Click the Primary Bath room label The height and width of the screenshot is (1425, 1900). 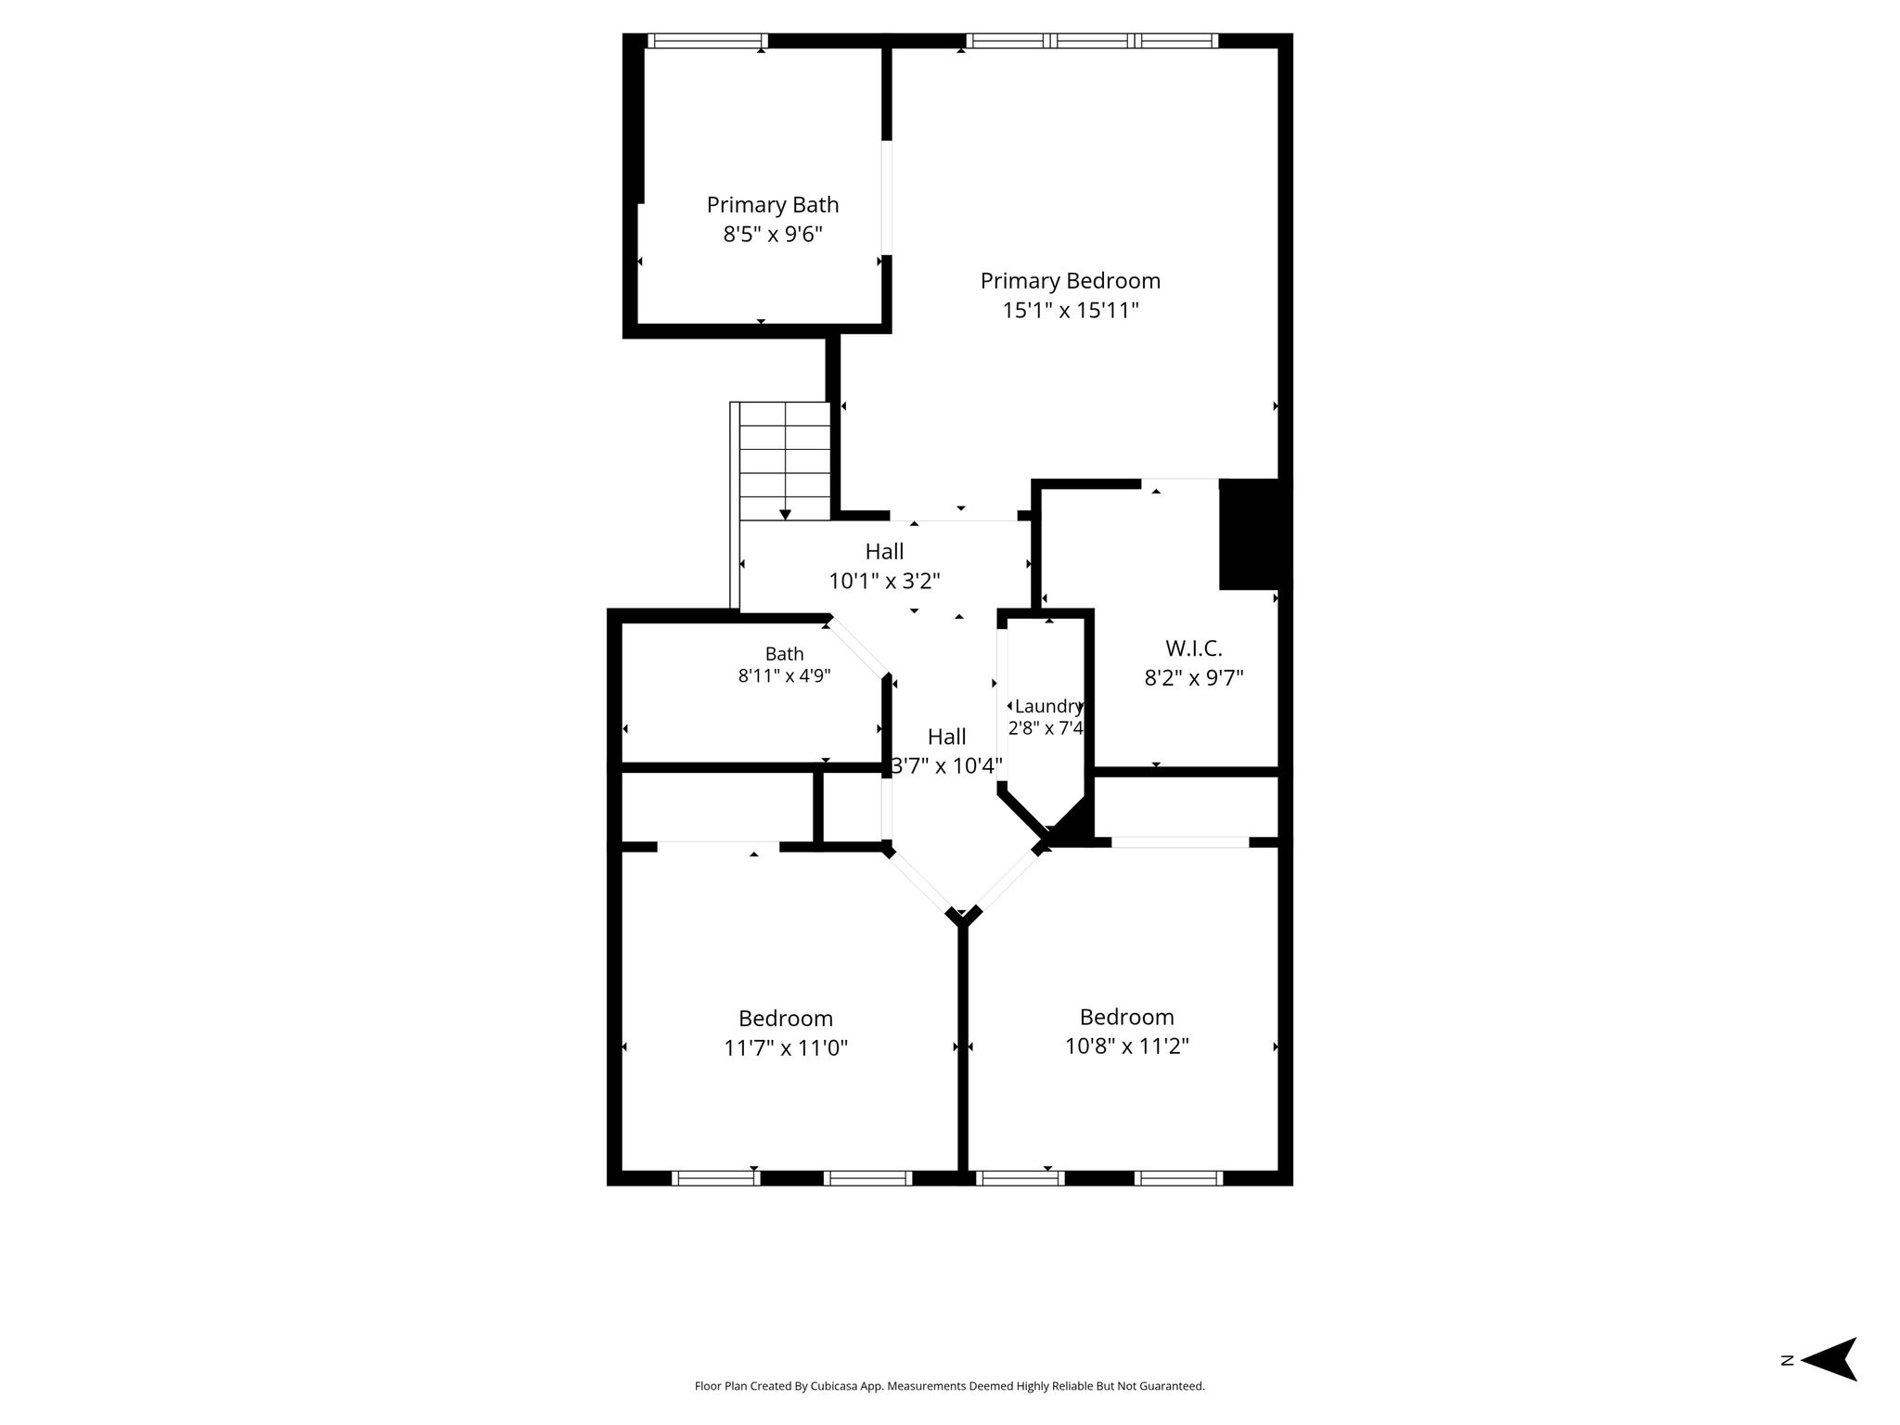[x=773, y=205]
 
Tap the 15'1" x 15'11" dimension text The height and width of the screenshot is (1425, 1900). [x=1071, y=310]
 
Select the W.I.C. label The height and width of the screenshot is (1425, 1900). [x=1194, y=648]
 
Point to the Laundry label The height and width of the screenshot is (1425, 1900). [x=1048, y=706]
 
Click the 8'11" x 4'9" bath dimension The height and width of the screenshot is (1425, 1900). [x=784, y=676]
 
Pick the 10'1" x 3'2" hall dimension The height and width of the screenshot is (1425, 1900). [x=884, y=582]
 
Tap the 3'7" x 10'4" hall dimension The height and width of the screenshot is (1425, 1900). [x=946, y=766]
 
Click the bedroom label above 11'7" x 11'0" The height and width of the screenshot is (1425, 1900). [x=786, y=1019]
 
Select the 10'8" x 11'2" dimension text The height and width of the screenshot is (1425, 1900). [x=1127, y=1046]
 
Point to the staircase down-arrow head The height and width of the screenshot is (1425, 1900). [x=785, y=514]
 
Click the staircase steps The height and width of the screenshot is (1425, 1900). [x=784, y=460]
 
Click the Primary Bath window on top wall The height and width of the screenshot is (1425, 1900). [x=707, y=41]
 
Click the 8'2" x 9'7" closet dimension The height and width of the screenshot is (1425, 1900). [x=1194, y=678]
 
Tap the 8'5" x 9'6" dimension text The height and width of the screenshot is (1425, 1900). [x=773, y=234]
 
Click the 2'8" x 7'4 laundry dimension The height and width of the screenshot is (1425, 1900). [x=1046, y=728]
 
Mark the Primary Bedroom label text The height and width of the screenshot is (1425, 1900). [x=1071, y=281]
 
